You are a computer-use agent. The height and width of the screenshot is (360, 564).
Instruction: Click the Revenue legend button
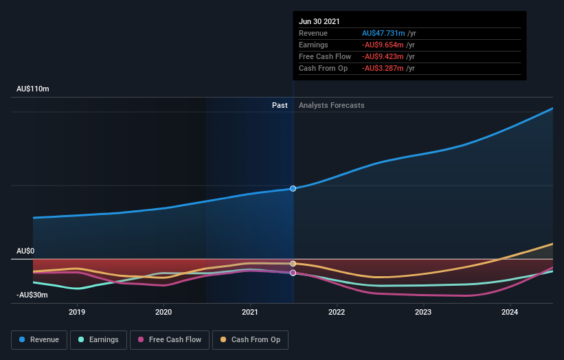(39, 339)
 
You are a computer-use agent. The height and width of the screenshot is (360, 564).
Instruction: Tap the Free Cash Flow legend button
(169, 339)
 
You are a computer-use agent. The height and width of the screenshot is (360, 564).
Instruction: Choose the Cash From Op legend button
(251, 339)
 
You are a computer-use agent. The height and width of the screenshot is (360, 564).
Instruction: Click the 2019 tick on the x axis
(77, 312)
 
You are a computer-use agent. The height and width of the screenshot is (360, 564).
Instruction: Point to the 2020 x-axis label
(163, 312)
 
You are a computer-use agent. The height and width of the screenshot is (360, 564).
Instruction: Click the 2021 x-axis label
(250, 312)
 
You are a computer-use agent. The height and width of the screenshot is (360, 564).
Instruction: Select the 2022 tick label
(337, 312)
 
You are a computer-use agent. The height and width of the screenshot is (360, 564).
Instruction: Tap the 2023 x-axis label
(423, 312)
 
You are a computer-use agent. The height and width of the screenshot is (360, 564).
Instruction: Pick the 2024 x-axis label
(510, 312)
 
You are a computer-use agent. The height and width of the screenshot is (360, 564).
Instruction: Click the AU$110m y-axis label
(33, 89)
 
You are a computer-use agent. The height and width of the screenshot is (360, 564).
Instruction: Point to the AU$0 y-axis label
(25, 251)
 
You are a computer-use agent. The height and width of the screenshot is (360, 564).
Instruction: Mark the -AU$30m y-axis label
(32, 295)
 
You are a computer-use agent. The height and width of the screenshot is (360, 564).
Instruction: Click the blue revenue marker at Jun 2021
(293, 188)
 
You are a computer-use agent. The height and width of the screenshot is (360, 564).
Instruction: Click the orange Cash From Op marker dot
(293, 264)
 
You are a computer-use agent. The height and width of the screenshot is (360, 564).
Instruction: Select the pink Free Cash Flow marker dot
(293, 273)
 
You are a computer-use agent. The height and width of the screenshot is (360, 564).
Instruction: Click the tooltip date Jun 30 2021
(319, 22)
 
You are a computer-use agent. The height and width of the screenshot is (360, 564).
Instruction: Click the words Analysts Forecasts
(331, 105)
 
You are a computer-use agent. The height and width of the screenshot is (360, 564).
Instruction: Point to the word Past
(280, 105)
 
